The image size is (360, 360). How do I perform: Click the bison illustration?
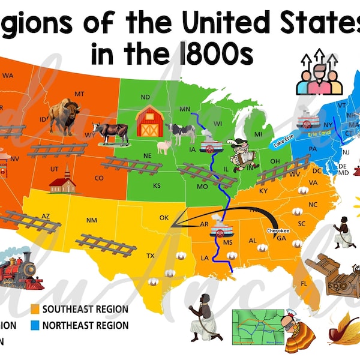click(x=64, y=116)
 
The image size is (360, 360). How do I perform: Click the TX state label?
click(x=151, y=256)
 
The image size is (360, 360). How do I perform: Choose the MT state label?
click(x=80, y=94)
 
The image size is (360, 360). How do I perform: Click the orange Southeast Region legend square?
click(x=35, y=310)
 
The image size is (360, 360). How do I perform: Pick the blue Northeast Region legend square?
click(x=35, y=325)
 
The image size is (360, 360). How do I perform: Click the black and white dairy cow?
click(x=181, y=131)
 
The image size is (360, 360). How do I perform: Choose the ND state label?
click(x=145, y=97)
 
